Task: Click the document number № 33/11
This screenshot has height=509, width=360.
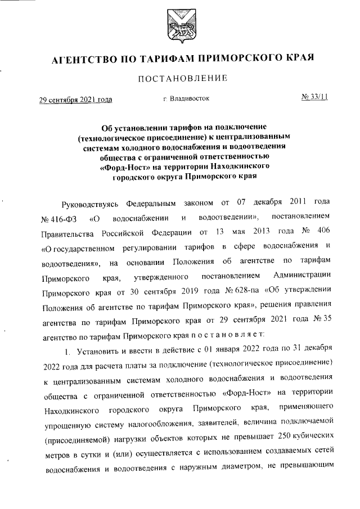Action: click(315, 97)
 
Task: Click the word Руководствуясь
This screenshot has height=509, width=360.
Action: click(89, 201)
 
